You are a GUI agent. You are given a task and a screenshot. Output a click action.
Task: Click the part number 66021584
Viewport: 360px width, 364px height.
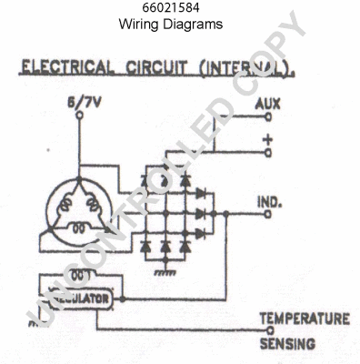pos(171,8)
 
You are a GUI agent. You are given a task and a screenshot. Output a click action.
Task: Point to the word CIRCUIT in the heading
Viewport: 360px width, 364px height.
pos(150,68)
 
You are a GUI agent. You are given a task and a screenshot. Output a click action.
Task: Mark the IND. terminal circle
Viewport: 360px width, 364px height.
pos(266,216)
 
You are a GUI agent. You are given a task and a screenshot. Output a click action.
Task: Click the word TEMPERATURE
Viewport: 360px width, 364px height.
pos(305,318)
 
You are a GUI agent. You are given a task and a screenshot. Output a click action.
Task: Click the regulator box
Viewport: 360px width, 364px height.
pos(77,298)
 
